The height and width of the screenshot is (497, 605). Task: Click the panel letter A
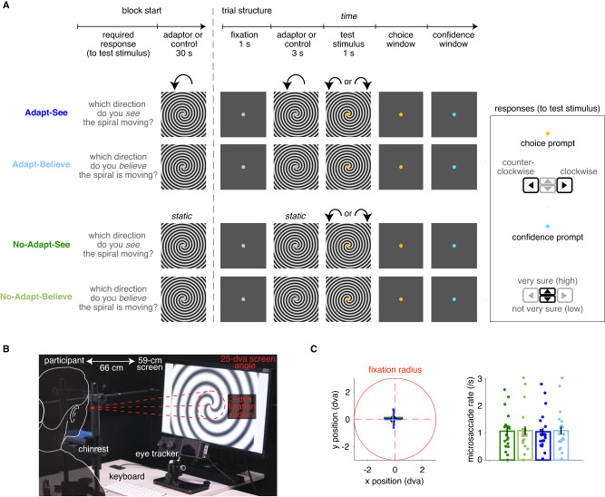pos(8,7)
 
